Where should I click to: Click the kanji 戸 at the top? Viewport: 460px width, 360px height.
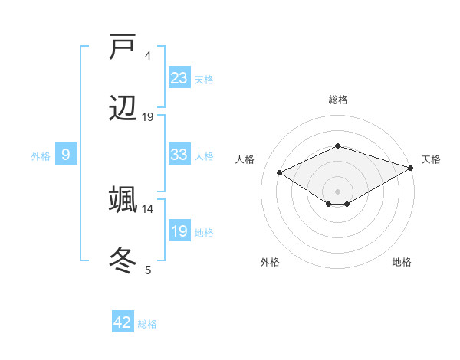coord(123,47)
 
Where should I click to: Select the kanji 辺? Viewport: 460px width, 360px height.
coord(123,109)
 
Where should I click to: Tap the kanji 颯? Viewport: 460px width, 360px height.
coord(123,199)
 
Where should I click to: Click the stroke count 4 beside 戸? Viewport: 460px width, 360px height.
coord(148,55)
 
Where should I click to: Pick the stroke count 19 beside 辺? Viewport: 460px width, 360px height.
coord(148,116)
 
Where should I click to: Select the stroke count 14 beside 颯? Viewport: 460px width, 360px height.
coord(148,208)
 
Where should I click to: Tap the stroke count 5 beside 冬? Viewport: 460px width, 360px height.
coord(148,270)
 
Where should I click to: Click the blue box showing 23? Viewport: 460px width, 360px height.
coord(179,78)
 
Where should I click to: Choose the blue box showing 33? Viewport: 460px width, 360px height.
coord(179,155)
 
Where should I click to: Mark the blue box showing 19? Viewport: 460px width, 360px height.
coord(179,231)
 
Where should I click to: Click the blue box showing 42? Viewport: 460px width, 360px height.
coord(123,322)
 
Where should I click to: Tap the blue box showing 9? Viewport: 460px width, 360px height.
coord(66,155)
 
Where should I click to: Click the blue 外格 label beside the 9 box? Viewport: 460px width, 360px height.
coord(41,155)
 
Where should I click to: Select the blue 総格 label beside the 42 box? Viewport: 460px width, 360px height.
coord(147,324)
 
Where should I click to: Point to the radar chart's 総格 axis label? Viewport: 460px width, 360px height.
coord(337,100)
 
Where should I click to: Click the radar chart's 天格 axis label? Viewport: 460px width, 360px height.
coord(431,159)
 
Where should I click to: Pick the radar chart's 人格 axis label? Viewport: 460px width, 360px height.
coord(245,159)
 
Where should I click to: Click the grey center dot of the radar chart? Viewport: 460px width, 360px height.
coord(337,191)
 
